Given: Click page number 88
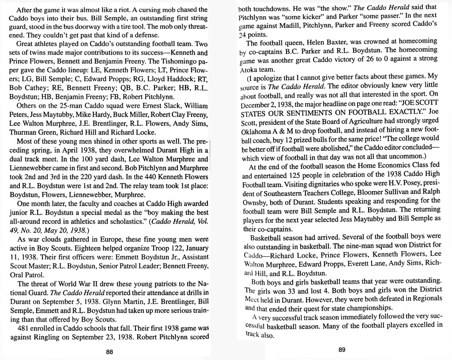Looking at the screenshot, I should (110, 352).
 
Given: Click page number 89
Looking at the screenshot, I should (342, 350).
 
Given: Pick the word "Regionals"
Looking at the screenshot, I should (425, 298).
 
